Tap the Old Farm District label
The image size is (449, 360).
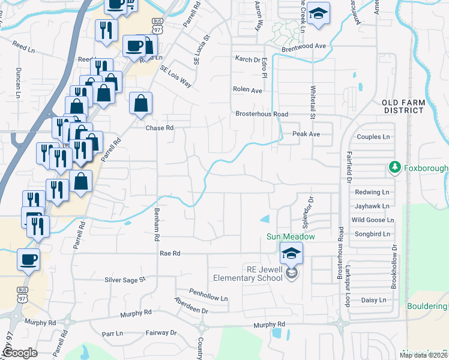click(403, 107)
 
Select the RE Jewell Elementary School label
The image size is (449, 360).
click(248, 274)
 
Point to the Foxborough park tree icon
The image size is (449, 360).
click(395, 166)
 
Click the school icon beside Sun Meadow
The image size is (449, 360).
click(291, 253)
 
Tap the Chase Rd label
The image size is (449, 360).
click(160, 128)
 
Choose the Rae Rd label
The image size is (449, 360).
click(170, 254)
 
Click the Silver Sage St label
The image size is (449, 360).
click(125, 280)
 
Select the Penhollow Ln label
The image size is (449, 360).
click(208, 298)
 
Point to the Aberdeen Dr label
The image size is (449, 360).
click(190, 305)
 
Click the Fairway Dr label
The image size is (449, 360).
click(161, 332)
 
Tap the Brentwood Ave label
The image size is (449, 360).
click(304, 46)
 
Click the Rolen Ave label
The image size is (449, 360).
click(248, 90)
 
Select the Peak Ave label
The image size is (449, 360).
click(306, 134)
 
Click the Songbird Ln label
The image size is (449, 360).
click(371, 234)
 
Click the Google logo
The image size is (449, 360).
click(20, 353)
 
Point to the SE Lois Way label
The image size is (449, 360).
click(175, 77)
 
